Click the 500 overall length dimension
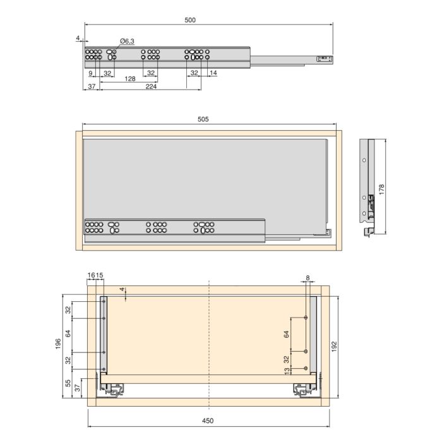point(190,20)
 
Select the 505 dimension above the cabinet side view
point(203,119)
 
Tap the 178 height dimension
point(382,188)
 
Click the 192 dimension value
point(335,345)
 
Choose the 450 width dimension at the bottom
point(208,420)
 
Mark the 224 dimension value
point(151,87)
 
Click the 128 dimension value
point(130,79)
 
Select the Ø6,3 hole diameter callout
point(126,41)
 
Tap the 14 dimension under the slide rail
point(213,73)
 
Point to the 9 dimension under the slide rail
point(91,73)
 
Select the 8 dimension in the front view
point(308,278)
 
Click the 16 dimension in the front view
point(92,275)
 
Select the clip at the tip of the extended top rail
point(323,58)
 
